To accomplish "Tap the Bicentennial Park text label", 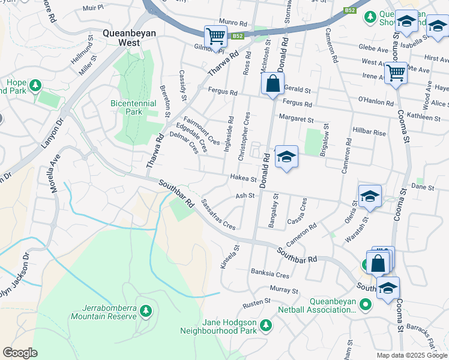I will [x=134, y=107].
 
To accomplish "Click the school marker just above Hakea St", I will [x=286, y=157].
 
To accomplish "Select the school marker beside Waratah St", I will [x=370, y=196].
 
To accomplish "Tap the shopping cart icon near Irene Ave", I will [x=395, y=73].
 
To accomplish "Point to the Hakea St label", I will [x=243, y=178].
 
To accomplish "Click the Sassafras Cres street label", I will [x=218, y=215].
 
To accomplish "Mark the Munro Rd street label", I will [x=234, y=23].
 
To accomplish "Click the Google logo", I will [x=20, y=353].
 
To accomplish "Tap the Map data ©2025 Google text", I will [x=411, y=355].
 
